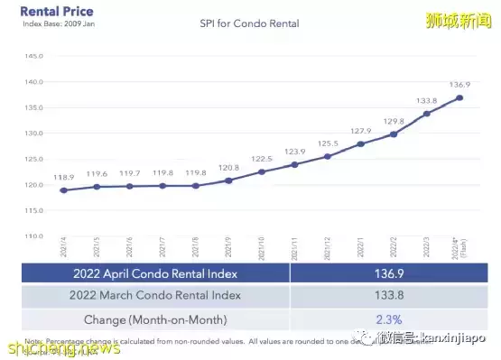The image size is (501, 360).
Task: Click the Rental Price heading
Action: [56, 11]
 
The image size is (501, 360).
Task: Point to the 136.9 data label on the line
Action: [461, 84]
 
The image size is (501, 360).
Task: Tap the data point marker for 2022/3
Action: [427, 114]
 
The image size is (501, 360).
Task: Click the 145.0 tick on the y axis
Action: [33, 56]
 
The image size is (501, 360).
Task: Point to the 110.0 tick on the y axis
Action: [33, 236]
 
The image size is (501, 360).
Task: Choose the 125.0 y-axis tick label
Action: [33, 159]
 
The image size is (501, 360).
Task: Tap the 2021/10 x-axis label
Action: [260, 246]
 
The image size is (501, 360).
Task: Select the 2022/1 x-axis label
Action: [360, 246]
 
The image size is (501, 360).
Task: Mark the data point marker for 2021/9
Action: [228, 180]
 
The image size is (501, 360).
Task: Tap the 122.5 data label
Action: [261, 157]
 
